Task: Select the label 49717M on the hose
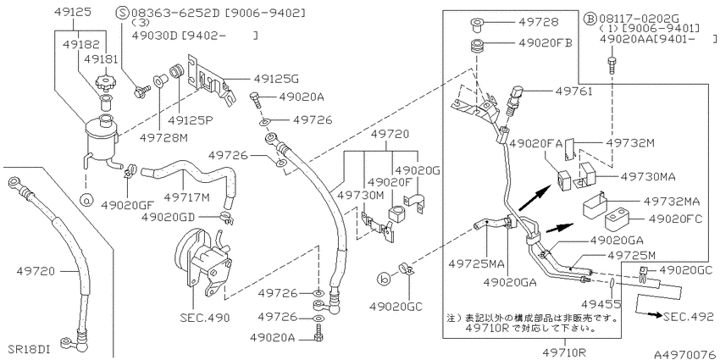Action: pyautogui.click(x=186, y=197)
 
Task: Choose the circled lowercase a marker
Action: pyautogui.click(x=86, y=200)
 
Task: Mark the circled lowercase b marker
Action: pyautogui.click(x=383, y=278)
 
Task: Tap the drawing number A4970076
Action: pyautogui.click(x=685, y=354)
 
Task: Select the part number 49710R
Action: pyautogui.click(x=564, y=352)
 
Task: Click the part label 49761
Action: pyautogui.click(x=573, y=91)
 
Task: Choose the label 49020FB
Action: pyautogui.click(x=545, y=43)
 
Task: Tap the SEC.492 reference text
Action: pyautogui.click(x=689, y=317)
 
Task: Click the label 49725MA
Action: pyautogui.click(x=476, y=264)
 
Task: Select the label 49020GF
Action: pyautogui.click(x=127, y=204)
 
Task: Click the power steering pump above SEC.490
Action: pyautogui.click(x=202, y=262)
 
